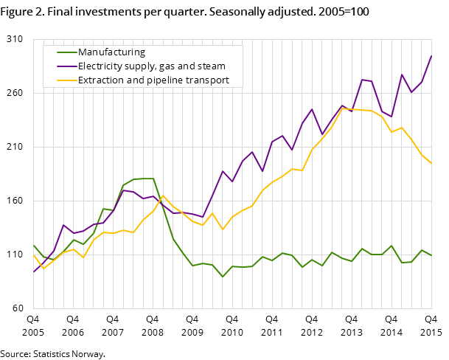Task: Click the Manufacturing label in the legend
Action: (x=111, y=52)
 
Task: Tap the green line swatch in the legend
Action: (x=66, y=52)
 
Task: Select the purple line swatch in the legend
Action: (x=66, y=66)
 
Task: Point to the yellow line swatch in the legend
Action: (x=66, y=80)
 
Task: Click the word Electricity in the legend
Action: (x=102, y=66)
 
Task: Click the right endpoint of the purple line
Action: (x=431, y=56)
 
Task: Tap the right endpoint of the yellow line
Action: (x=431, y=163)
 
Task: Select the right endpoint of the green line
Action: (x=431, y=255)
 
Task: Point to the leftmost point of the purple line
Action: (x=33, y=272)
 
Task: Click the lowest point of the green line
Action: (x=223, y=277)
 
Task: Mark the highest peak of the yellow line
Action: (x=341, y=108)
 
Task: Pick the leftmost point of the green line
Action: (x=33, y=245)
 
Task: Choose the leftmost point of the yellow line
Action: (x=33, y=255)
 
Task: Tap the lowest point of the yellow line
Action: (x=43, y=269)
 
